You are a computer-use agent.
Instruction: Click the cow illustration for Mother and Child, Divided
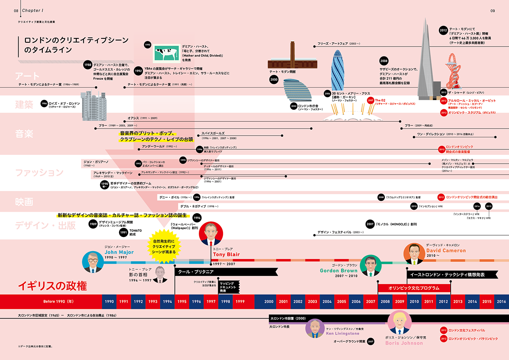[x=167, y=54]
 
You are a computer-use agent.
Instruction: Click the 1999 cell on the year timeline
[x=240, y=301]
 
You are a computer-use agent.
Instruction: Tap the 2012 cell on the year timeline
[x=443, y=301]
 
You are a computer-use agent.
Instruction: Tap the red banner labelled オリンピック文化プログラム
[x=414, y=288]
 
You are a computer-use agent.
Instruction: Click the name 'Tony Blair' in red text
[x=226, y=255]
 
